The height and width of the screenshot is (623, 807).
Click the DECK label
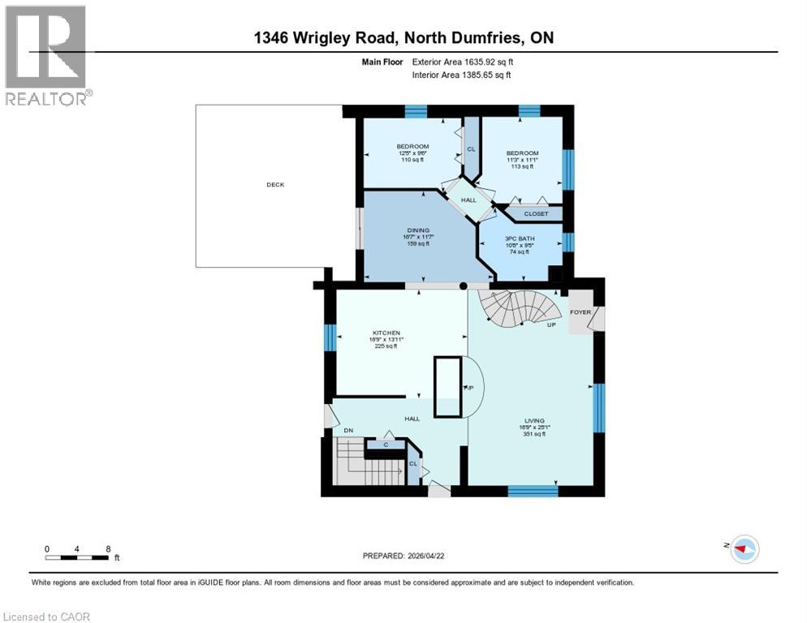[x=275, y=185]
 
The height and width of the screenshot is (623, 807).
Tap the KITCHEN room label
[x=387, y=333]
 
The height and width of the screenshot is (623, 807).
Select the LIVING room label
[x=533, y=420]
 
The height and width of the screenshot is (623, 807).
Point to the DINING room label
[x=417, y=230]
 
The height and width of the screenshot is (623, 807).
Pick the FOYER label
[x=580, y=311]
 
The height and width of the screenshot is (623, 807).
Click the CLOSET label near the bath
[x=535, y=214]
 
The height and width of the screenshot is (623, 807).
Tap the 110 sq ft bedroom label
[x=412, y=147]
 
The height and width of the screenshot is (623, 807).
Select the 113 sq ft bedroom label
[x=522, y=153]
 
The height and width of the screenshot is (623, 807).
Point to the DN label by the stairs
[x=348, y=430]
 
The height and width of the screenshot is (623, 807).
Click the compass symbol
[x=743, y=549]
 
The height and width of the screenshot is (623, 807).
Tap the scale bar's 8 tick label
[x=107, y=549]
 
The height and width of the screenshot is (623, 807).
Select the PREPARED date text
[x=403, y=556]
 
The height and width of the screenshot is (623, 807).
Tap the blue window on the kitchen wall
[x=330, y=337]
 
